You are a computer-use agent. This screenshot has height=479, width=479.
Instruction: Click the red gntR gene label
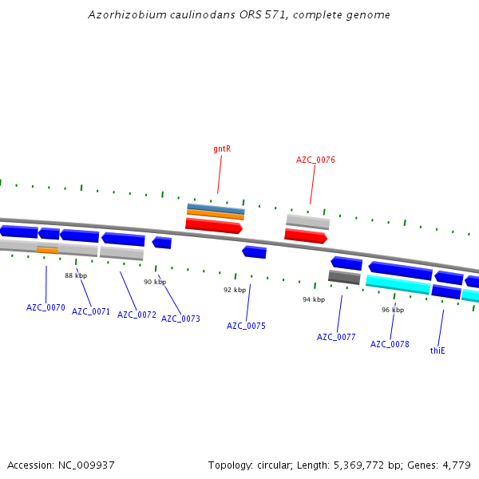pos(222,148)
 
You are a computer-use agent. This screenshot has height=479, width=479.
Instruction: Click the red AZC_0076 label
pos(315,160)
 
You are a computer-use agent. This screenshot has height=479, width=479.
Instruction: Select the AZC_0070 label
pos(46,307)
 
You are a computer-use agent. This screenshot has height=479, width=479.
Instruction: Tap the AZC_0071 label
pos(91,311)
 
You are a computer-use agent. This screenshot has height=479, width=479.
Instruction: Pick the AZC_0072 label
pos(137,315)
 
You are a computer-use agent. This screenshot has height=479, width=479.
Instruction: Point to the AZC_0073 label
pos(180,319)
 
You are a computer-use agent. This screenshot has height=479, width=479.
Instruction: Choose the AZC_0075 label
pos(246,326)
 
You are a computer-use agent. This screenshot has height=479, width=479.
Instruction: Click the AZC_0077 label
pos(336,337)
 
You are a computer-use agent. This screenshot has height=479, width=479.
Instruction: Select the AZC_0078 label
pos(390,344)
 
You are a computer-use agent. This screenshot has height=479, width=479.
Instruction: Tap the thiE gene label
pos(437,350)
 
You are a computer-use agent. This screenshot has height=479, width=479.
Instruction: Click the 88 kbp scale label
pos(76,275)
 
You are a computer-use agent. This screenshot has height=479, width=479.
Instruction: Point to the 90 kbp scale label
pos(155,282)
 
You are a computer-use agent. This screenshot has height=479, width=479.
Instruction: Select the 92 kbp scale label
pos(235,290)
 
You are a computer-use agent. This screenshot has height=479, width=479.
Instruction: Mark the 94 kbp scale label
pos(314,299)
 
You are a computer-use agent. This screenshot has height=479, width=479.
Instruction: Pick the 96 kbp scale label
pos(393,310)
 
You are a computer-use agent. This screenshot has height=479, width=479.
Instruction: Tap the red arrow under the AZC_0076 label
pos(306,236)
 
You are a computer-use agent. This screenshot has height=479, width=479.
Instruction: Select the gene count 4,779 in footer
pos(457,465)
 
